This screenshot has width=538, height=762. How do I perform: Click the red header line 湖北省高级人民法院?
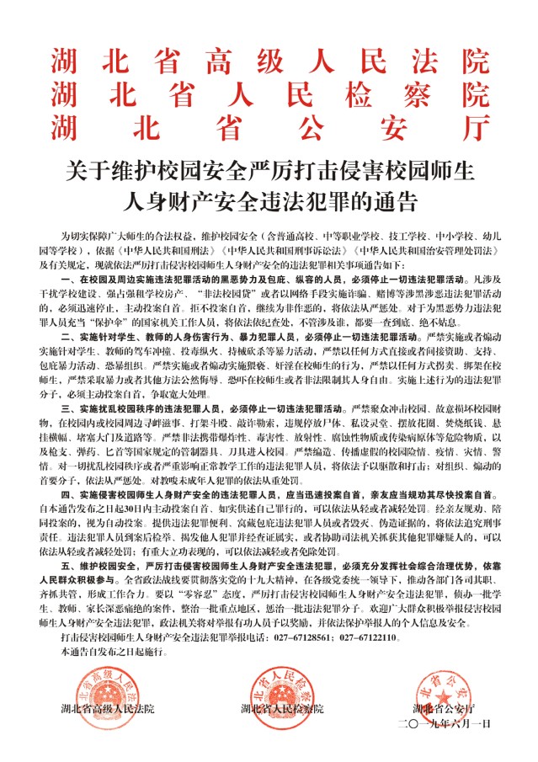[269, 61]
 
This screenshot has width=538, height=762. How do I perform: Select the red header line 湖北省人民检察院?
[269, 93]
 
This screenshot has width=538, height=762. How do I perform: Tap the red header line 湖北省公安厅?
[269, 125]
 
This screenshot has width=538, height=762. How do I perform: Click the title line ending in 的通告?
[269, 203]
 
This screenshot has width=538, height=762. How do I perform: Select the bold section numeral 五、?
[69, 556]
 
